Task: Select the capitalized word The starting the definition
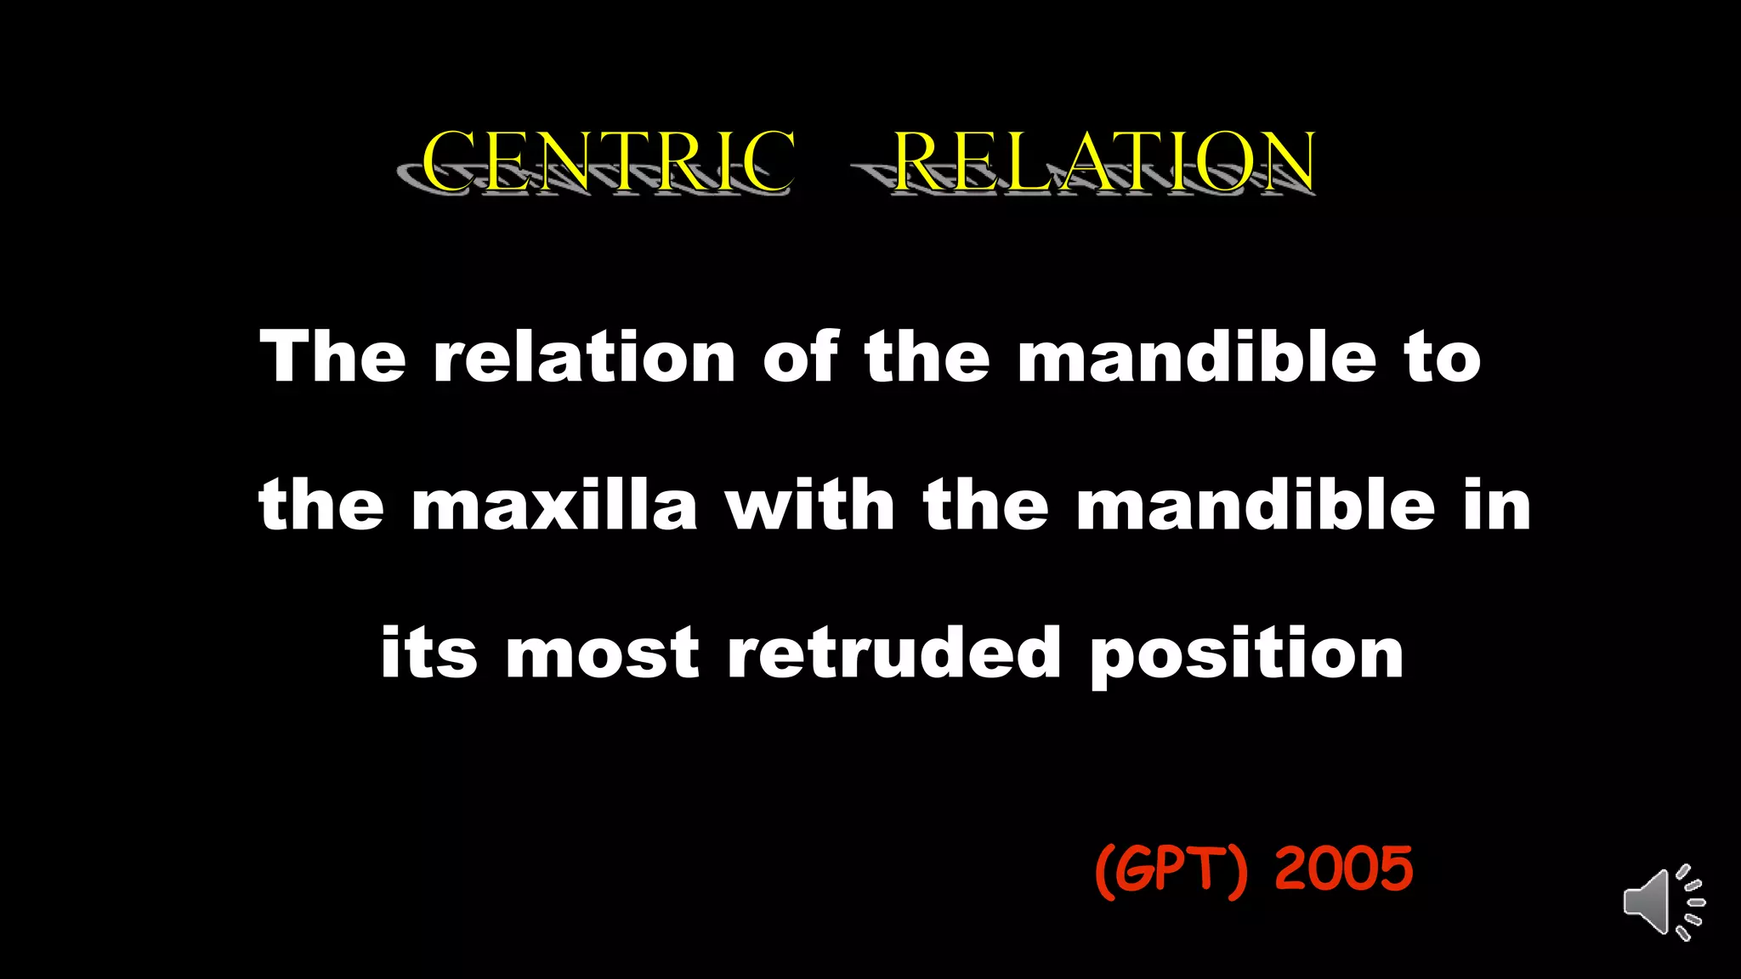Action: coord(332,356)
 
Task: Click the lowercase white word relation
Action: coord(584,356)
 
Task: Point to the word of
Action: coord(800,356)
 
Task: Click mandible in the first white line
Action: coord(1196,356)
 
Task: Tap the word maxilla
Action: coord(554,506)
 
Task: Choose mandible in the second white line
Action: coord(1256,506)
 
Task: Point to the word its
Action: coord(428,654)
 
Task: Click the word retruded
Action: coord(894,654)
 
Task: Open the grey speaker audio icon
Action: coord(1663,903)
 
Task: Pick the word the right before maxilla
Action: coord(321,506)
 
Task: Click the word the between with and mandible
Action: coord(986,506)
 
